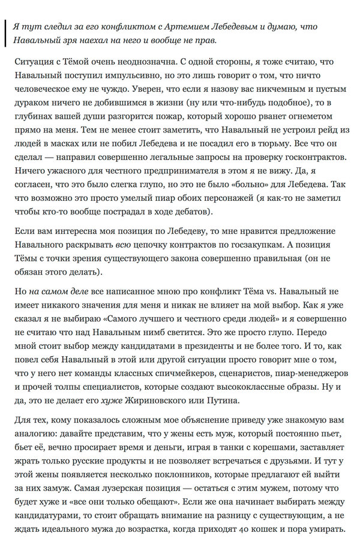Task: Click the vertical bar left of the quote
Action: coord(5,34)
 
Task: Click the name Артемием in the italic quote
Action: coord(188,27)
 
